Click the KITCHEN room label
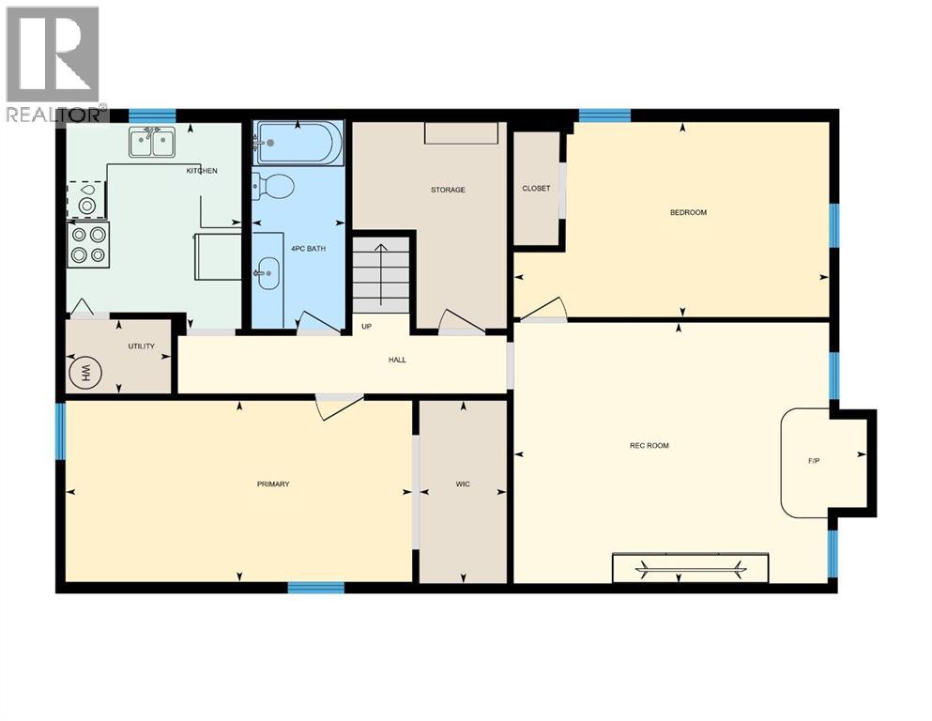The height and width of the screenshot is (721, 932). [x=202, y=171]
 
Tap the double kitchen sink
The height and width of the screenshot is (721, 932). [x=153, y=144]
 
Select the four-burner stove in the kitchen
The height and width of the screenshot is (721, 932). [x=88, y=244]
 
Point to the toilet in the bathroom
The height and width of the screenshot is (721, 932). [x=273, y=186]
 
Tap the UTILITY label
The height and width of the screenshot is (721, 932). [x=141, y=346]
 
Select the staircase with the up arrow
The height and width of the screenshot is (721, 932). [x=381, y=273]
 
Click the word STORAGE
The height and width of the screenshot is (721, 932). [x=448, y=190]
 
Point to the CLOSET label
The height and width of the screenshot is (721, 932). [x=536, y=188]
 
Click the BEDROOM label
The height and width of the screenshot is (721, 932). [x=688, y=212]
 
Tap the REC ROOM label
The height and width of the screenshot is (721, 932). [x=649, y=445]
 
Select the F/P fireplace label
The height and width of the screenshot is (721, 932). [x=814, y=462]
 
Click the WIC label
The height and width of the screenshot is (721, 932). [x=463, y=484]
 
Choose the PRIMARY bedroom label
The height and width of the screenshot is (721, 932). [x=273, y=484]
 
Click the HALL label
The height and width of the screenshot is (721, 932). [x=397, y=360]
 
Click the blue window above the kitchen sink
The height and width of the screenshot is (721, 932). [x=152, y=115]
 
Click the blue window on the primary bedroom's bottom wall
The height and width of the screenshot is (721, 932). [x=315, y=588]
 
